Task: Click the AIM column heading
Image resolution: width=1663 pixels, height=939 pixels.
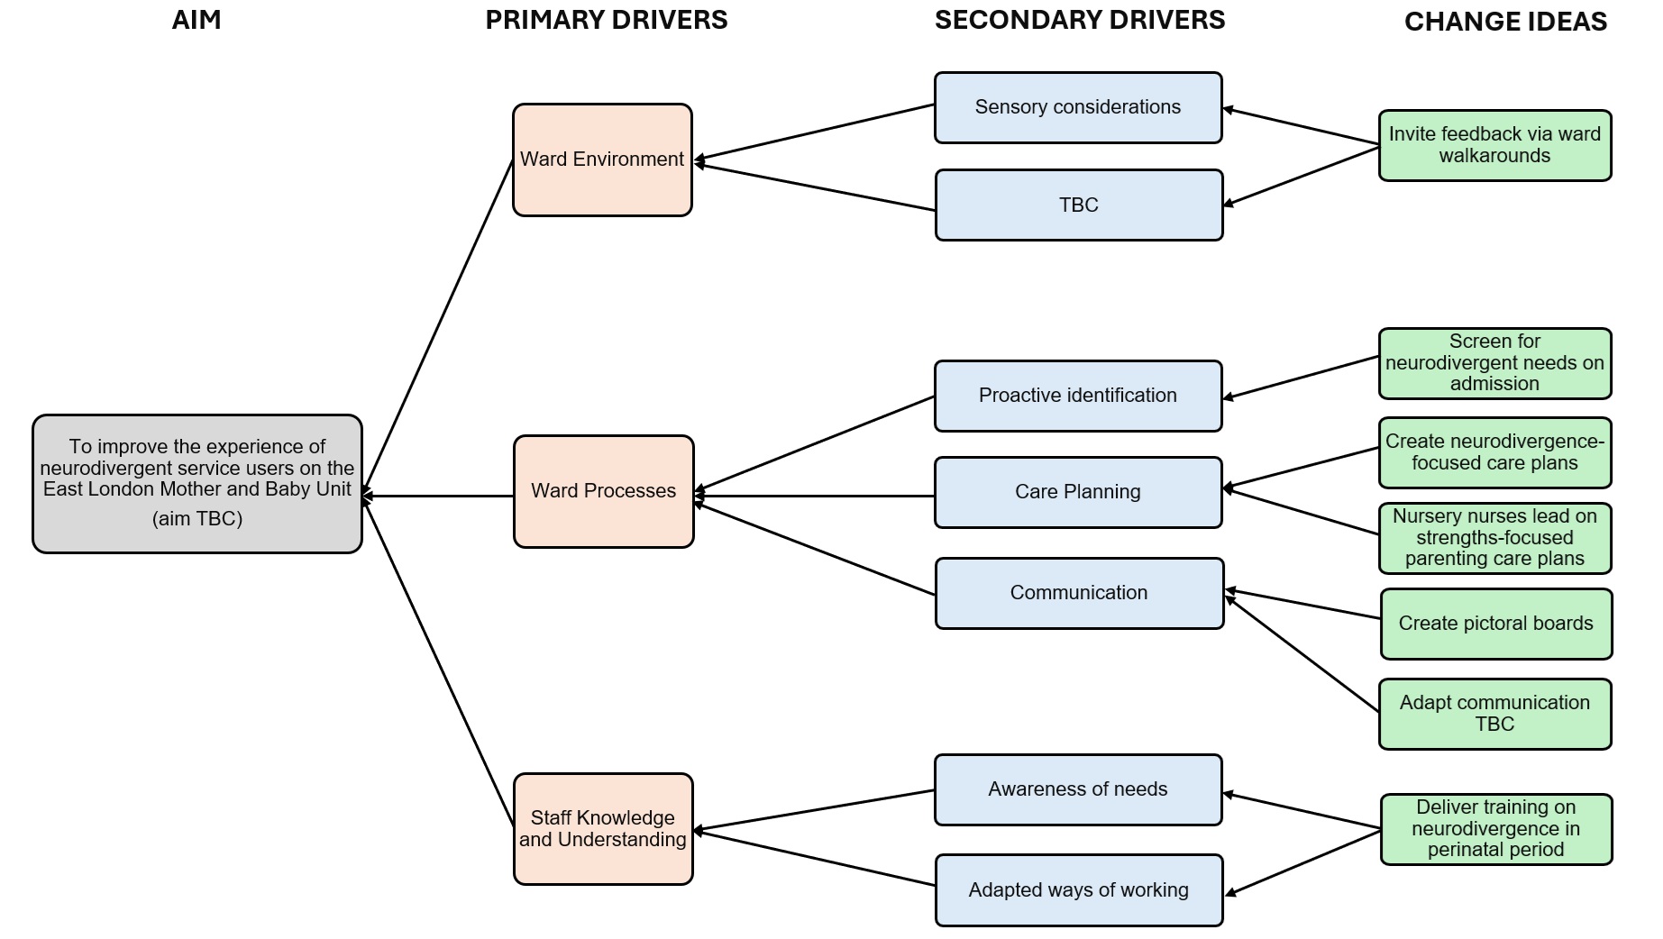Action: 196,20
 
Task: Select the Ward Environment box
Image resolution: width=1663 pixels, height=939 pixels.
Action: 602,160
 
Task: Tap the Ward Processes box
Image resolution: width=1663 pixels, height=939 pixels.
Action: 603,491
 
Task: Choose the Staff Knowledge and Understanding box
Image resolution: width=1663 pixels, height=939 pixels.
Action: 603,828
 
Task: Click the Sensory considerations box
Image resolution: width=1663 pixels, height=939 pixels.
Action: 1078,107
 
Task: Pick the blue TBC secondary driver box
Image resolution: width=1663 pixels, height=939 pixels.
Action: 1079,205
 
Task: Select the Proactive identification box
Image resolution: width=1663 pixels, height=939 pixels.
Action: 1078,396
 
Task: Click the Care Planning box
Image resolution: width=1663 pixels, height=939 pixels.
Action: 1078,492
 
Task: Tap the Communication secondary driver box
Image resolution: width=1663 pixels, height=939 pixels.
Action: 1079,593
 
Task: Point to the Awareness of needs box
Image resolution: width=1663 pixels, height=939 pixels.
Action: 1078,789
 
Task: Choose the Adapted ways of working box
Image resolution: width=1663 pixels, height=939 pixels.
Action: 1079,890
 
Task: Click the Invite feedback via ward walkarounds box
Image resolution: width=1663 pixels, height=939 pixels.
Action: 1494,145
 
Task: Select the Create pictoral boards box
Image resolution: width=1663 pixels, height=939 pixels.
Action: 1495,624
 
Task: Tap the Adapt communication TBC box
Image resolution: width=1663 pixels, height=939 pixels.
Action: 1494,714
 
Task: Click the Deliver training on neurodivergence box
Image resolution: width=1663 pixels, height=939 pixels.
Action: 1495,828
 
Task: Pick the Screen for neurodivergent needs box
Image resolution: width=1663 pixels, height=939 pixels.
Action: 1494,363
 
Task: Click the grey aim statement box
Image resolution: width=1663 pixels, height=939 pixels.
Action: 197,483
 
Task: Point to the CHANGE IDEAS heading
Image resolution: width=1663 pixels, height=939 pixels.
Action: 1505,22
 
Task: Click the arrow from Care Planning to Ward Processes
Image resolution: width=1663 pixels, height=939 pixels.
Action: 811,496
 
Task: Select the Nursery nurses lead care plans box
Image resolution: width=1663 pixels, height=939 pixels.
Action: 1494,538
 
